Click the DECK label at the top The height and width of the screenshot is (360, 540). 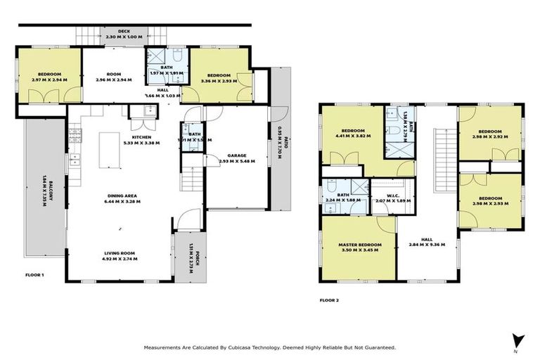(124, 32)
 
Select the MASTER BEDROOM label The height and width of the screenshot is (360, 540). (360, 245)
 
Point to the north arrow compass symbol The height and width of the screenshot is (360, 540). (517, 339)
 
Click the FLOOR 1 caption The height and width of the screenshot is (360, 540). (34, 274)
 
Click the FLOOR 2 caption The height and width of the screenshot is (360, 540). (329, 300)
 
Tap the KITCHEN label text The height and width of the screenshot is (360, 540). (141, 137)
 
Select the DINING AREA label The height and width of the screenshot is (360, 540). (122, 196)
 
